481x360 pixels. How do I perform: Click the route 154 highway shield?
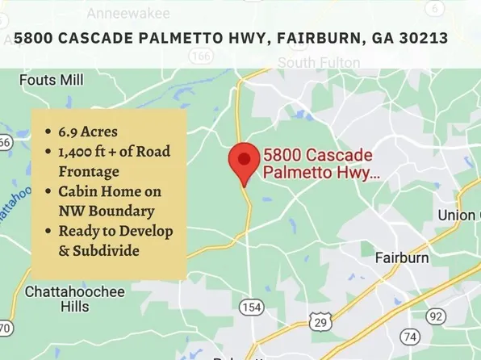pos(252,307)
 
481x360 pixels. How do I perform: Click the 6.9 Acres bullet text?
pos(88,132)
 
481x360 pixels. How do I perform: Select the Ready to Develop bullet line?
pos(115,231)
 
